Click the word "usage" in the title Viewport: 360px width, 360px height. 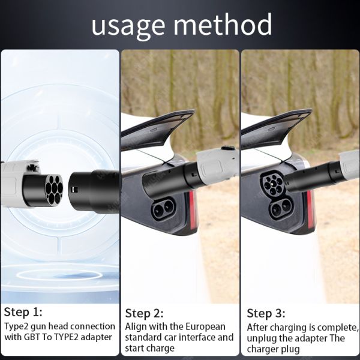pyautogui.click(x=128, y=26)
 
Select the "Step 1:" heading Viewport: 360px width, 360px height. pyautogui.click(x=23, y=312)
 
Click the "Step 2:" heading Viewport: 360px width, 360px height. pyautogui.click(x=144, y=313)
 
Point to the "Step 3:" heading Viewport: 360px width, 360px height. pyautogui.click(x=266, y=313)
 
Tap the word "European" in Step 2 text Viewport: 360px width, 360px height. pyautogui.click(x=205, y=327)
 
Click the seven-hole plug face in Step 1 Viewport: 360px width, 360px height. pyautogui.click(x=54, y=189)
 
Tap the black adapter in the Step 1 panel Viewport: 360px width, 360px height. pyautogui.click(x=94, y=191)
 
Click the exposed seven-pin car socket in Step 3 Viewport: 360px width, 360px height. pyautogui.click(x=273, y=184)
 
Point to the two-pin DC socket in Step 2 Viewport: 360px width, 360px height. pyautogui.click(x=163, y=208)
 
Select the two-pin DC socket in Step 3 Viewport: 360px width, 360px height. pyautogui.click(x=281, y=208)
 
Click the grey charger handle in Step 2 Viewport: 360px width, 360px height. pyautogui.click(x=217, y=165)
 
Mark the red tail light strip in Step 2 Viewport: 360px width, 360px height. pyautogui.click(x=193, y=210)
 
